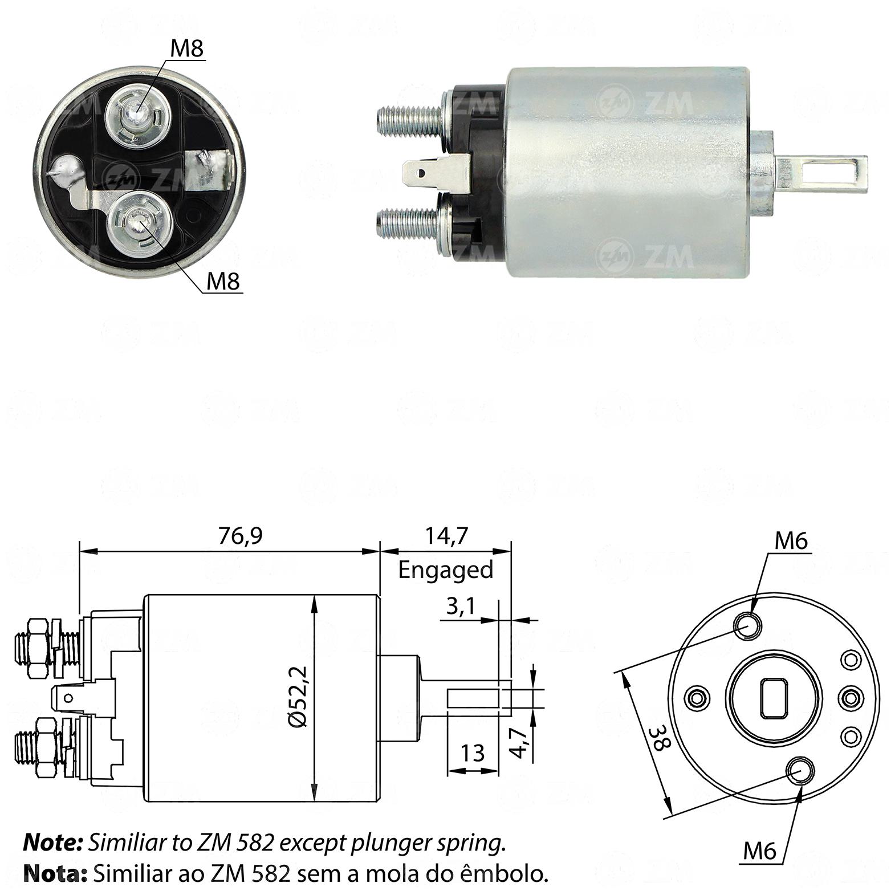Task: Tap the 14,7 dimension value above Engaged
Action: pyautogui.click(x=446, y=536)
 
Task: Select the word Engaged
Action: pyautogui.click(x=445, y=569)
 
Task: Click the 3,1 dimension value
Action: pyautogui.click(x=461, y=607)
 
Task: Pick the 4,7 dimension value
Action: pyautogui.click(x=518, y=742)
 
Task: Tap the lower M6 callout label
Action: pyautogui.click(x=760, y=851)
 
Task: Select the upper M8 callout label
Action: pyautogui.click(x=187, y=48)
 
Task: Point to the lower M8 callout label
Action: pyautogui.click(x=223, y=281)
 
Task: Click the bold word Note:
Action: pyautogui.click(x=54, y=843)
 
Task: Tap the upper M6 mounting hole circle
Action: pyautogui.click(x=747, y=626)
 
